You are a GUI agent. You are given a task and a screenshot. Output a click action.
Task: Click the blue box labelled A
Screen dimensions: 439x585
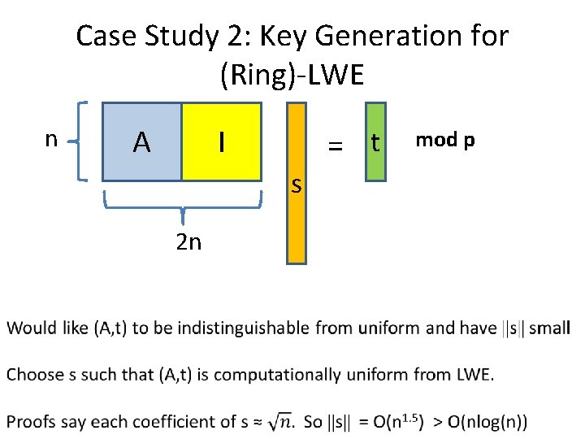pos(142,141)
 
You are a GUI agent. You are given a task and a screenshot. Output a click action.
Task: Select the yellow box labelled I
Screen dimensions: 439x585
pos(221,141)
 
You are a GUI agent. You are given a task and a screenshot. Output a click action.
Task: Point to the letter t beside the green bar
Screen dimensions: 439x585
pos(375,142)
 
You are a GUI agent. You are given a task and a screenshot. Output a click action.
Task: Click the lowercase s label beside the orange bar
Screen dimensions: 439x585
pos(297,186)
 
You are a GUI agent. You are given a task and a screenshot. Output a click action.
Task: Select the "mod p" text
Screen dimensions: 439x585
pos(444,140)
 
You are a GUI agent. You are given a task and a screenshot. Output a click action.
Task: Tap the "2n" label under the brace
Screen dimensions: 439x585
pos(188,241)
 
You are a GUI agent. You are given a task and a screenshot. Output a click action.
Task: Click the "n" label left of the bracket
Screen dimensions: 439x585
pos(50,139)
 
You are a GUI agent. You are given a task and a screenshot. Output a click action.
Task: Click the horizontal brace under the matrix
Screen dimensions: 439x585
pos(183,203)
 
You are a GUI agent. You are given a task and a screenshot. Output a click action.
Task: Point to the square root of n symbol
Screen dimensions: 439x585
pos(282,421)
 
